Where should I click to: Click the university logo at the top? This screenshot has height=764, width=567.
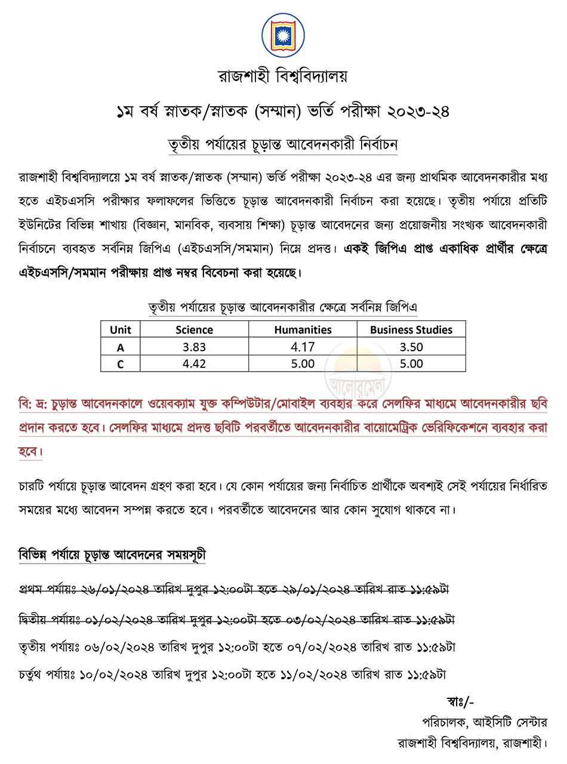[x=283, y=35]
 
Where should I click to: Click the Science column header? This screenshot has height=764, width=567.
[x=194, y=329]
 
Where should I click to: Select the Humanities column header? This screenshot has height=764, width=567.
[x=303, y=329]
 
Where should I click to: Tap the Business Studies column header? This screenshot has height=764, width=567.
[x=411, y=329]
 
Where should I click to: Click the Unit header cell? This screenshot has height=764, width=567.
[x=121, y=329]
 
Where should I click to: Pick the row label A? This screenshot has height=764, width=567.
[x=121, y=347]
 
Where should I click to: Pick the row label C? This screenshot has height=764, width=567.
[x=121, y=364]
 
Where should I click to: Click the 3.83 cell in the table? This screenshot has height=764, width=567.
[x=194, y=347]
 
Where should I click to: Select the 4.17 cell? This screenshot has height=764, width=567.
[x=303, y=347]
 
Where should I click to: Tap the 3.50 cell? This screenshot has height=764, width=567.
[x=411, y=347]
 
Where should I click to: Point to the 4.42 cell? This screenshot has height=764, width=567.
[x=194, y=364]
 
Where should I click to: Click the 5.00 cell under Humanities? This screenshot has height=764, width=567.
[x=303, y=364]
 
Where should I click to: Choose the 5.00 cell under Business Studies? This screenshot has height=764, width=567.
[x=411, y=364]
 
